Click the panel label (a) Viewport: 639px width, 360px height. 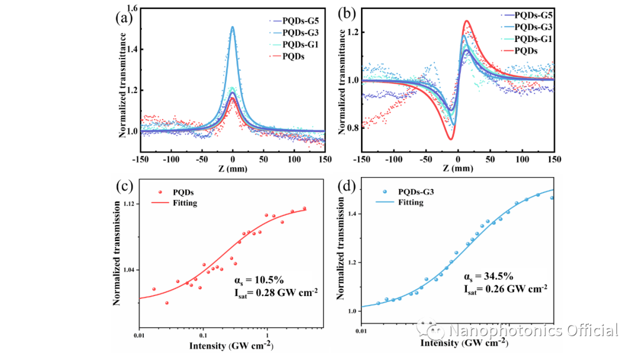(123, 17)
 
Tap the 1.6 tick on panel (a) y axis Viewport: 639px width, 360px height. (132, 9)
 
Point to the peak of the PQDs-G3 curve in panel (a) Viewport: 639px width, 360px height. (233, 27)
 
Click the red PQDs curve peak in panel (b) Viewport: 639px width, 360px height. (467, 21)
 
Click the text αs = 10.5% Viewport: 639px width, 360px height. (248, 279)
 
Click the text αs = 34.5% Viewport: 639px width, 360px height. (485, 277)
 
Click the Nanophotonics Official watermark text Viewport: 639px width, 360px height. (533, 330)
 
